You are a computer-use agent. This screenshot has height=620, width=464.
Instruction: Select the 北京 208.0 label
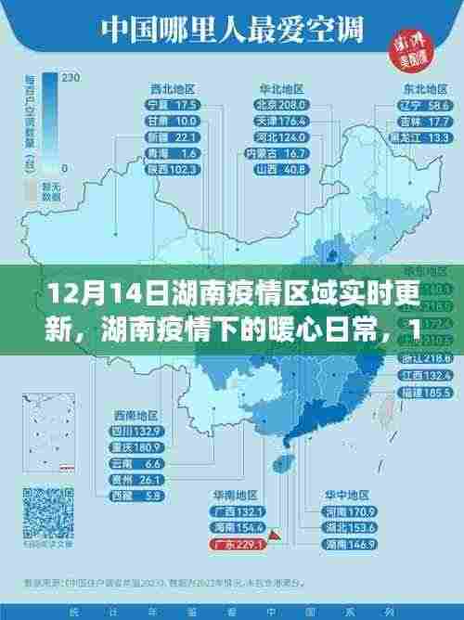click(281, 105)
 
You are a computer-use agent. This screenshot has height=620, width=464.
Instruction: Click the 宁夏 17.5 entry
click(173, 105)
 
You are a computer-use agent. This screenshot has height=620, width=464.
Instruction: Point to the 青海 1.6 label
click(173, 153)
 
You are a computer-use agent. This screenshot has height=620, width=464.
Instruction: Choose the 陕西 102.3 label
click(173, 169)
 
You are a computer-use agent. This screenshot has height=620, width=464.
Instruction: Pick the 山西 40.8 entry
click(281, 169)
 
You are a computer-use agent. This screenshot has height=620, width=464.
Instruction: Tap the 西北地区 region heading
click(173, 88)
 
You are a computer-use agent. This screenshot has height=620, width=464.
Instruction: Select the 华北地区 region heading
click(281, 88)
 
